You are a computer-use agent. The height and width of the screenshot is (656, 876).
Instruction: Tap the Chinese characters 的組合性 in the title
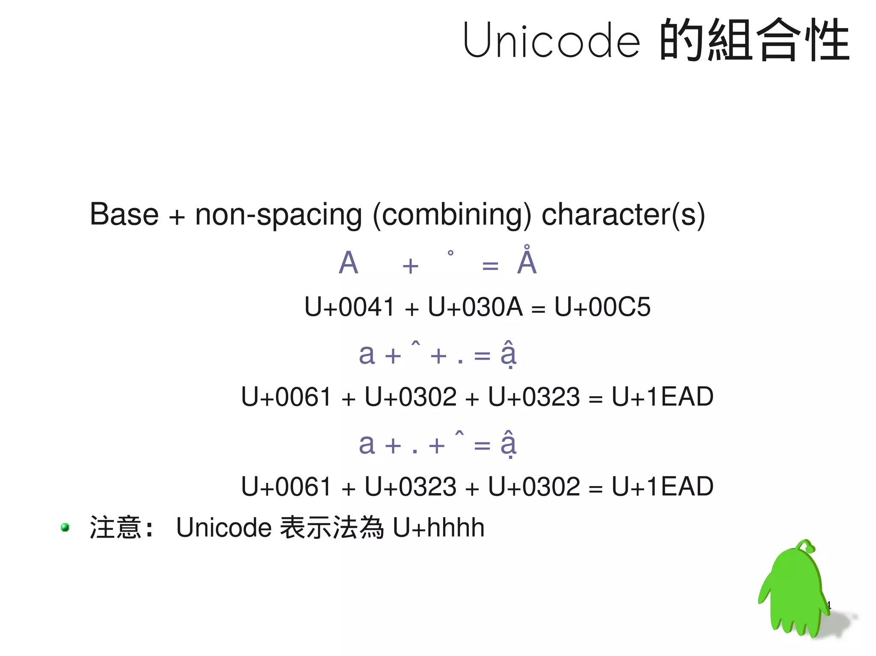point(755,40)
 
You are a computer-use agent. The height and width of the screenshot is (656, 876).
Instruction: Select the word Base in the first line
point(124,214)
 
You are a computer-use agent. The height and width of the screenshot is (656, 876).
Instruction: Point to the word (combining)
point(452,215)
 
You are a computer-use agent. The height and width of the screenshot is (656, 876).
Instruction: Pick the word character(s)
point(623,214)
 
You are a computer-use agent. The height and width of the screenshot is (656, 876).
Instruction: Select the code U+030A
point(475,307)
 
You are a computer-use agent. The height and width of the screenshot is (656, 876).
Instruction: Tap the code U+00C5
point(602,307)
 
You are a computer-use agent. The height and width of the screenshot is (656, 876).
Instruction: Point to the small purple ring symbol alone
point(450,253)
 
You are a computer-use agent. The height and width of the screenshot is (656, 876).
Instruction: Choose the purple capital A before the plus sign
point(348,262)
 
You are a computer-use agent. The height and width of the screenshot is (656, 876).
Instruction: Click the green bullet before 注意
point(65,527)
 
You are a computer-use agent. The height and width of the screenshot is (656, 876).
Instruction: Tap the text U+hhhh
point(438,527)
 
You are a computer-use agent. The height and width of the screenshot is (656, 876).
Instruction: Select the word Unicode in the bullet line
point(223,527)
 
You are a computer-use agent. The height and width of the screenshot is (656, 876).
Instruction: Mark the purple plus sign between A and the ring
point(410,266)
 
